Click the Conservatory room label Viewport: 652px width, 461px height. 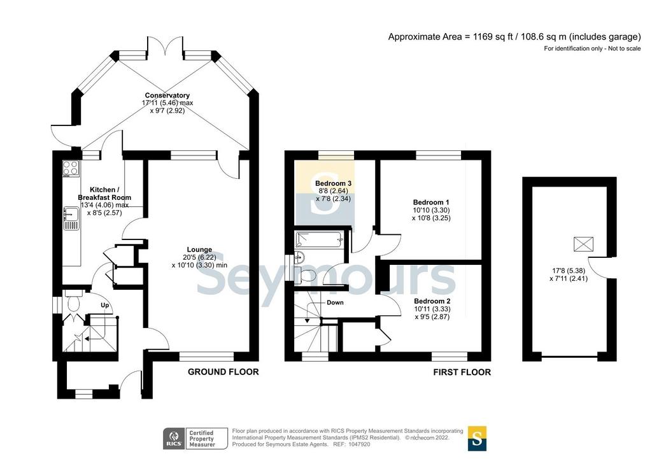coord(167,96)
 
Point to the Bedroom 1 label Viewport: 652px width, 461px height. coord(431,202)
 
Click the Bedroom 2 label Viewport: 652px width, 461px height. coord(432,301)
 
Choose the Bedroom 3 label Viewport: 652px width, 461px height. coord(333,183)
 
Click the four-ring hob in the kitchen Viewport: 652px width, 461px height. coord(71,167)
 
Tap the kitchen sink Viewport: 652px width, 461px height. coord(71,218)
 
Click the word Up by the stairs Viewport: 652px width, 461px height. coord(105,306)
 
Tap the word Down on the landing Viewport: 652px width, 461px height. coord(335,302)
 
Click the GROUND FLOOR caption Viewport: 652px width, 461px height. coord(223,372)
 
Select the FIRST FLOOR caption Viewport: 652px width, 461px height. coord(462,372)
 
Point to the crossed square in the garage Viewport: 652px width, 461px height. coord(583,244)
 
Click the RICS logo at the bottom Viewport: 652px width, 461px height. coord(174,439)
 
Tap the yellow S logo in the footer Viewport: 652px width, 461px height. coord(477,438)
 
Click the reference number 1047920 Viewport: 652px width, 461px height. coord(359,444)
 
